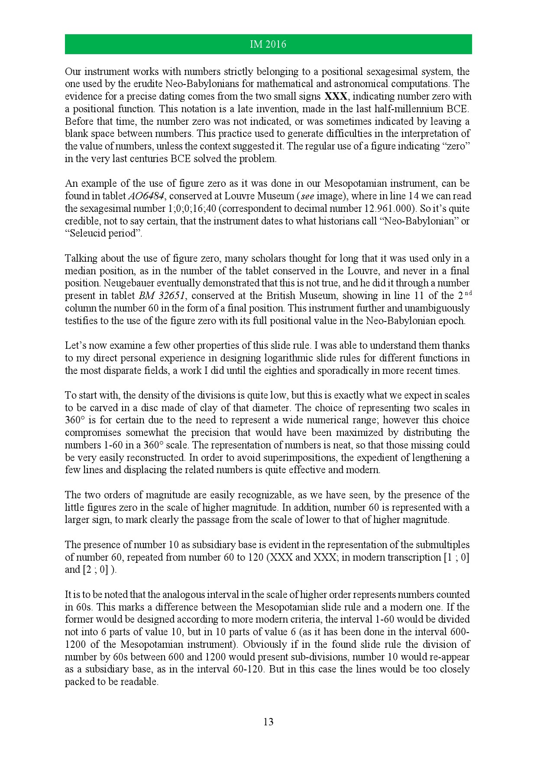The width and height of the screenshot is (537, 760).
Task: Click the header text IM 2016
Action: pyautogui.click(x=268, y=45)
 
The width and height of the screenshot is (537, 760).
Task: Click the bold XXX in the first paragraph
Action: pyautogui.click(x=336, y=96)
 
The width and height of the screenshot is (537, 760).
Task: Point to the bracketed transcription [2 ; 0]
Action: pyautogui.click(x=98, y=570)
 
